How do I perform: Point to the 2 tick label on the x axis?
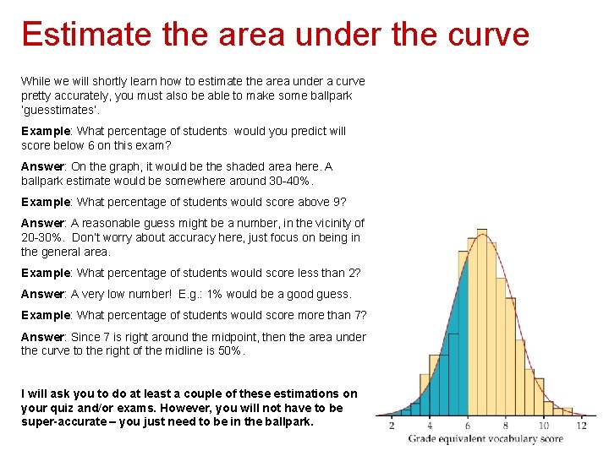coord(392,426)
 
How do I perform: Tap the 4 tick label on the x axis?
coord(429,426)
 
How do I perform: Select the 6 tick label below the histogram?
coord(467,426)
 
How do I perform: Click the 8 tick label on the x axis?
coord(506,426)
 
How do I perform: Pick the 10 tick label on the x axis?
coord(544,426)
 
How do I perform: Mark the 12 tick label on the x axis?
coord(581,426)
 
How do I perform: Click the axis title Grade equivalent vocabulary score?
coord(486,439)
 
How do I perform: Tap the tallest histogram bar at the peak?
coord(485,321)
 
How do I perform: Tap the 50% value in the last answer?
coord(228,350)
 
